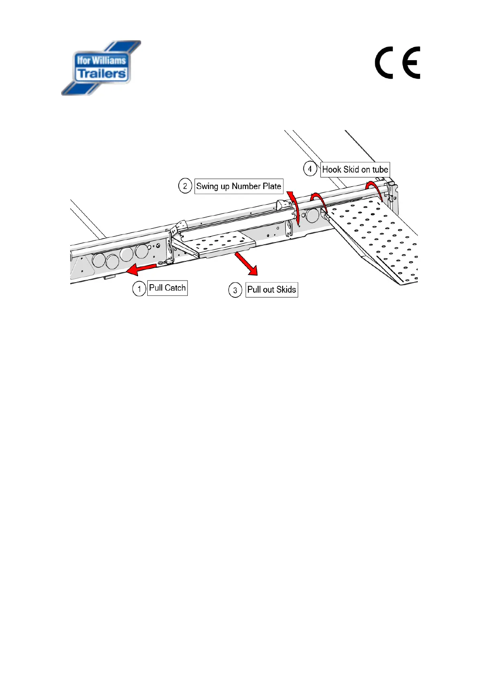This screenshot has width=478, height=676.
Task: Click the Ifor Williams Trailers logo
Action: tap(101, 67)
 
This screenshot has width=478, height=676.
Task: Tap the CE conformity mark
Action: tap(397, 63)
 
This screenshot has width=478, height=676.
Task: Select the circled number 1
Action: tap(139, 289)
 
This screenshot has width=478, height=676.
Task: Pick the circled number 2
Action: tap(185, 186)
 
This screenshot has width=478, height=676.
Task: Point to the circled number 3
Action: tap(235, 290)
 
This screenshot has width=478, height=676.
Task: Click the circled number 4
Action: tap(310, 169)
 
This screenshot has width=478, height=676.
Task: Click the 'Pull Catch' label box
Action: tap(167, 288)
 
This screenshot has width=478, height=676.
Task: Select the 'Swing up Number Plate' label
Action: tap(239, 186)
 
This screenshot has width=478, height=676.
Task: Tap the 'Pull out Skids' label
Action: tap(272, 290)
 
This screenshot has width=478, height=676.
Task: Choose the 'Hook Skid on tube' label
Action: tap(355, 169)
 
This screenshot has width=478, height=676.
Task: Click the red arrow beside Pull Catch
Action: tap(140, 269)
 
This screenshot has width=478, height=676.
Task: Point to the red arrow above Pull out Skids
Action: tap(246, 263)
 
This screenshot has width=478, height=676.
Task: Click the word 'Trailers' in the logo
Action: tap(102, 74)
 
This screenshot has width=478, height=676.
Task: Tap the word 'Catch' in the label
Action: tap(176, 288)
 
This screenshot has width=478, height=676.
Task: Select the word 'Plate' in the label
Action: tap(272, 186)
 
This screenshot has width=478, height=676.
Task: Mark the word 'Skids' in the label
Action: tap(286, 290)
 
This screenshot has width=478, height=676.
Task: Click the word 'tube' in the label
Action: tap(380, 169)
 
